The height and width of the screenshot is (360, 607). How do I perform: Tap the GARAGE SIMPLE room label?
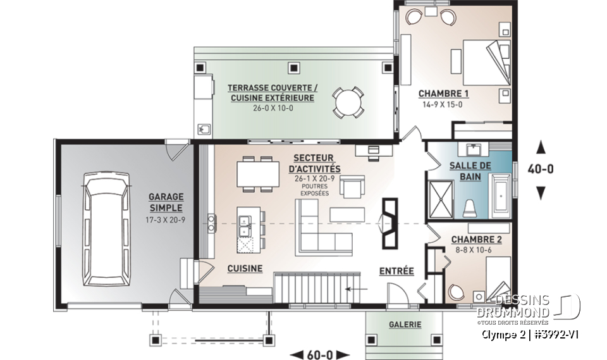tap(166, 202)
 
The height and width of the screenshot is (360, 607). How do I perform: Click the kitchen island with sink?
tap(247, 228)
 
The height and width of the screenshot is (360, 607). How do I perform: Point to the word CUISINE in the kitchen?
tap(245, 268)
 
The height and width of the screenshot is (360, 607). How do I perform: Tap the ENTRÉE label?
tap(396, 271)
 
